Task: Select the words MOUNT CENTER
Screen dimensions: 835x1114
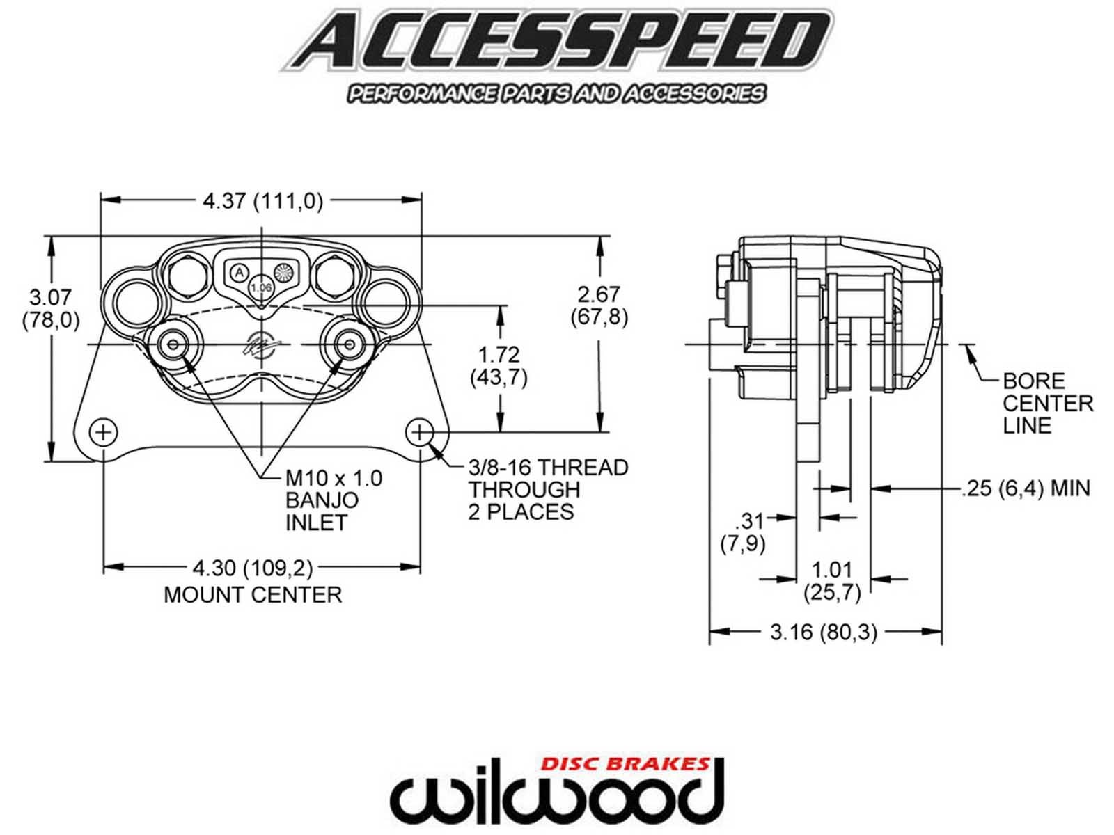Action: [x=253, y=595]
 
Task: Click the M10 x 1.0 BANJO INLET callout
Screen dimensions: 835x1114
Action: [x=333, y=500]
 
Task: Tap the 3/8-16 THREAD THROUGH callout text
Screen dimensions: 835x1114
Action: [x=548, y=489]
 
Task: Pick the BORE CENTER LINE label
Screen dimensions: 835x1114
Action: [x=1047, y=404]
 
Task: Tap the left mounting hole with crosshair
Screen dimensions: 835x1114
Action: [x=104, y=432]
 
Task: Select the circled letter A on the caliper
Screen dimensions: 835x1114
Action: [x=239, y=272]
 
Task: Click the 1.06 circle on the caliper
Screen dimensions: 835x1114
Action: [x=261, y=287]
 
